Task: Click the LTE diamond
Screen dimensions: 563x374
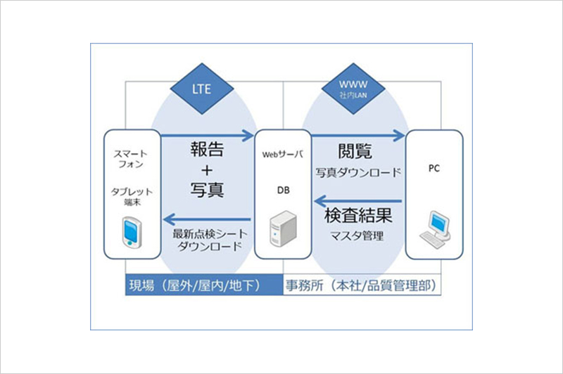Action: pyautogui.click(x=202, y=89)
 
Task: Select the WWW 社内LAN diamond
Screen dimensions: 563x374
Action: pyautogui.click(x=353, y=89)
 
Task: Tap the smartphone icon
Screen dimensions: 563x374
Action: pyautogui.click(x=132, y=232)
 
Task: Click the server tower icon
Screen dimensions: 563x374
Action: pyautogui.click(x=284, y=228)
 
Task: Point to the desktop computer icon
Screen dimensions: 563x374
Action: pyautogui.click(x=435, y=229)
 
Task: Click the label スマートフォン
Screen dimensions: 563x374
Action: pyautogui.click(x=131, y=159)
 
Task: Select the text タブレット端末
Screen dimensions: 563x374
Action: pyautogui.click(x=132, y=197)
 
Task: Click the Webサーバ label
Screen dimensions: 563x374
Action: pyautogui.click(x=283, y=155)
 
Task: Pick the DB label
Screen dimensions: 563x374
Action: pyautogui.click(x=284, y=191)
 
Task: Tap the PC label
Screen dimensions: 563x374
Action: pyautogui.click(x=434, y=168)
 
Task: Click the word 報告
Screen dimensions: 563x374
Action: pyautogui.click(x=207, y=149)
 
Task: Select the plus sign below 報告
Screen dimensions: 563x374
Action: pyautogui.click(x=207, y=170)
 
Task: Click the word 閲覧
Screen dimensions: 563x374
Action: pyautogui.click(x=355, y=151)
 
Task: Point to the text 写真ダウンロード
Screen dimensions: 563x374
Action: pyautogui.click(x=358, y=172)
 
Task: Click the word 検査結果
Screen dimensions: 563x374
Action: pyautogui.click(x=358, y=216)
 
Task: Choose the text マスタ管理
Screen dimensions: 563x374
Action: pyautogui.click(x=357, y=236)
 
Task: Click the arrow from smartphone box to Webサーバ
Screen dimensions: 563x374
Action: pyautogui.click(x=208, y=136)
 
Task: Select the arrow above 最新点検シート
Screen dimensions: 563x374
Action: pyautogui.click(x=207, y=219)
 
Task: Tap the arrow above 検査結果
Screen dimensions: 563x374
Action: pyautogui.click(x=358, y=201)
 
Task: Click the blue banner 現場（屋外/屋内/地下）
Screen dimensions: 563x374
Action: pyautogui.click(x=204, y=285)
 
